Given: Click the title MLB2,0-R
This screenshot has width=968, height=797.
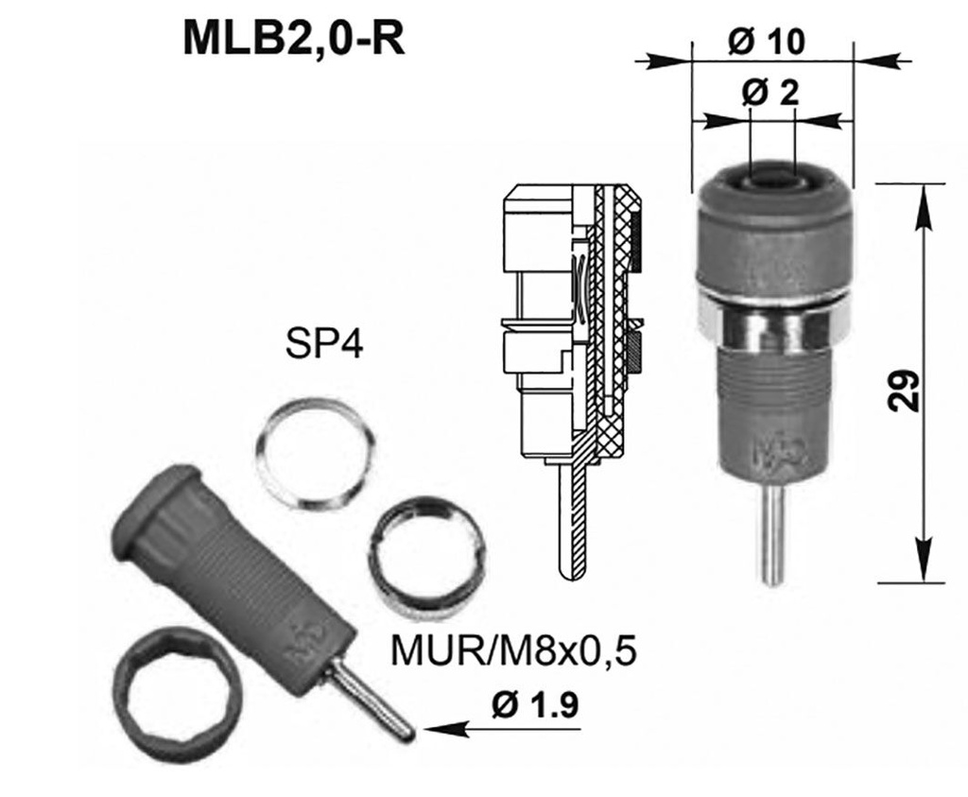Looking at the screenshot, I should [294, 39].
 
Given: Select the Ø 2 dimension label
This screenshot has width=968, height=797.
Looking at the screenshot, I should [771, 94].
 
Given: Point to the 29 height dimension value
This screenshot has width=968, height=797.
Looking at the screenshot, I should [905, 388].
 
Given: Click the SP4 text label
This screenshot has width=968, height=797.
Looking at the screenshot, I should [321, 345].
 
